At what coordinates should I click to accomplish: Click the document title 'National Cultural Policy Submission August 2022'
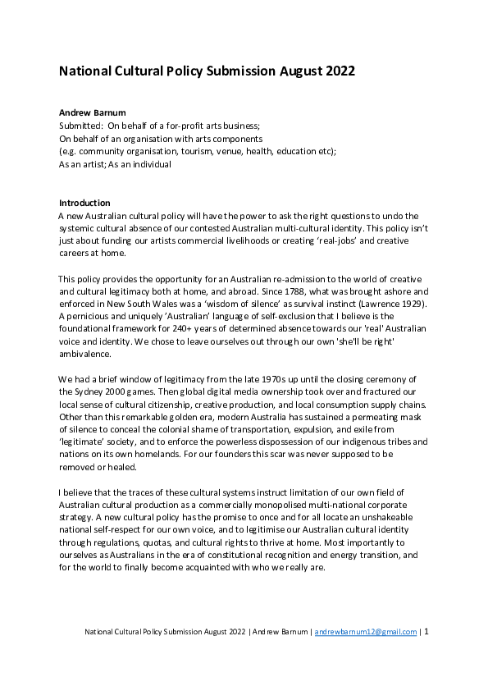207,71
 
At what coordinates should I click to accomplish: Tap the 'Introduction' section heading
84,203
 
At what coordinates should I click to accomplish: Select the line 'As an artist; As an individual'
115,164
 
